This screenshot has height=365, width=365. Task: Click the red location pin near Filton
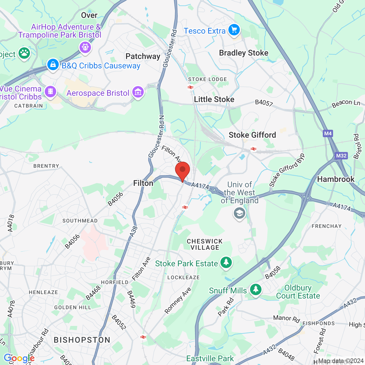pyautogui.click(x=182, y=171)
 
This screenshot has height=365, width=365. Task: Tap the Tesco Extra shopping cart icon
pyautogui.click(x=234, y=30)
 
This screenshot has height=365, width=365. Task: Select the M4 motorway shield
pyautogui.click(x=328, y=133)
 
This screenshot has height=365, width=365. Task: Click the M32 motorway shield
pyautogui.click(x=341, y=156)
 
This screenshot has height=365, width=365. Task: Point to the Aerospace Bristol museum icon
pyautogui.click(x=138, y=92)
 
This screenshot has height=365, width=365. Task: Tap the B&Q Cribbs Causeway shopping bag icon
pyautogui.click(x=53, y=65)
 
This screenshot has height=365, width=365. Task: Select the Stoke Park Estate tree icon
pyautogui.click(x=226, y=262)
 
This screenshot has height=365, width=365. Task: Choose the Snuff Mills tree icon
pyautogui.click(x=255, y=289)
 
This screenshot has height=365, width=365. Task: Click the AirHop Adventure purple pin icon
pyautogui.click(x=85, y=47)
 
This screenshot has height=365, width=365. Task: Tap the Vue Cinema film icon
pyautogui.click(x=50, y=92)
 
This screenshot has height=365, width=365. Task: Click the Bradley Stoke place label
pyautogui.click(x=244, y=53)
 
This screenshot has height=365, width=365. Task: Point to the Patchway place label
pyautogui.click(x=143, y=56)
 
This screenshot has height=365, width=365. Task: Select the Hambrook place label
pyautogui.click(x=336, y=179)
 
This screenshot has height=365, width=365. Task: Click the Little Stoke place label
pyautogui.click(x=214, y=100)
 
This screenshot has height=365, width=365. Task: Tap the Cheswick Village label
pyautogui.click(x=205, y=244)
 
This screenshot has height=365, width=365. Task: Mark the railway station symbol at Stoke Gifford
pyautogui.click(x=253, y=149)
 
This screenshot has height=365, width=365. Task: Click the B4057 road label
pyautogui.click(x=264, y=103)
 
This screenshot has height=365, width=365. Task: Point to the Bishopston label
pyautogui.click(x=82, y=340)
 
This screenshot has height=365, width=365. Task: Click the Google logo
pyautogui.click(x=19, y=358)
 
